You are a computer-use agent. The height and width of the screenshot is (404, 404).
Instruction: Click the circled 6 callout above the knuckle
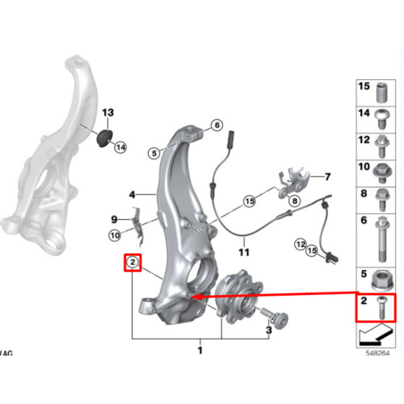pos(217,125)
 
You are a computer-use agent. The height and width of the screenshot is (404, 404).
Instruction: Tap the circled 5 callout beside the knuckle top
pos(154,154)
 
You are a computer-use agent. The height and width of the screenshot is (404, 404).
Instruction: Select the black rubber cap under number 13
pos(104,138)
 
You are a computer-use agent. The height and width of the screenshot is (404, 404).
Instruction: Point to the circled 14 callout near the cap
pos(120,147)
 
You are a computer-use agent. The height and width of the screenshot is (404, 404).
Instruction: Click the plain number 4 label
pos(132,195)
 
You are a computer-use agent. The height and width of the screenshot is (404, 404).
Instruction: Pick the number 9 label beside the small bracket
pos(114,220)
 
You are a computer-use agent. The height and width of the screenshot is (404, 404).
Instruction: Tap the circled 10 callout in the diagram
pos(115,236)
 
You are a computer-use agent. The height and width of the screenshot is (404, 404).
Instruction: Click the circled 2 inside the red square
pos(133,262)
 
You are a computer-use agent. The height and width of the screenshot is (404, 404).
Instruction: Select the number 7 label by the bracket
pos(327,177)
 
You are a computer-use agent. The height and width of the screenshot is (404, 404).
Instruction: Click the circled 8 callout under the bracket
pos(295,200)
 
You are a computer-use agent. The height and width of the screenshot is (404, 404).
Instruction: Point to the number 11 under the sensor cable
pos(244,252)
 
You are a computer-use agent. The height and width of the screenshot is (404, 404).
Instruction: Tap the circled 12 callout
pos(301,245)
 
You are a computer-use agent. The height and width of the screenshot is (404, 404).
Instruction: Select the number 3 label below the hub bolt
pos(269,330)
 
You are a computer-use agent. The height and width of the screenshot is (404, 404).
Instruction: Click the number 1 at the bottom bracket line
pos(200,351)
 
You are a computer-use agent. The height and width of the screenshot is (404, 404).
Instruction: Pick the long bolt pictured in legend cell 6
pos(382,239)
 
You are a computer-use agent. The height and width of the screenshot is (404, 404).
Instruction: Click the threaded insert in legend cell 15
pos(382,92)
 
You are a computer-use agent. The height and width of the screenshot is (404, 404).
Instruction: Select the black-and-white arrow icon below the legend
pos(376,335)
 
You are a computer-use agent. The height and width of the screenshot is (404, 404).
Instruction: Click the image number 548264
pos(377,353)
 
